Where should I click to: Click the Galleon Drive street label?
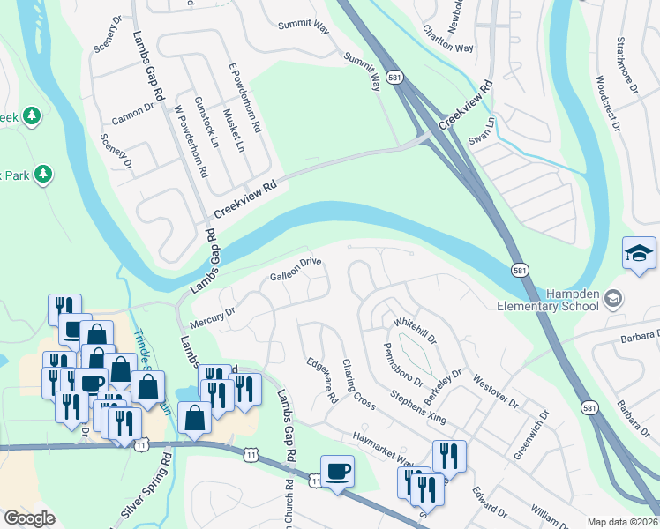pyautogui.click(x=295, y=269)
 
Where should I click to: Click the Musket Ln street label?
pyautogui.click(x=233, y=130)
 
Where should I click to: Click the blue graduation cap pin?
pyautogui.click(x=639, y=255)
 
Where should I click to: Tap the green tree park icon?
pyautogui.click(x=32, y=115)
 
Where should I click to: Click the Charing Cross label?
pyautogui.click(x=359, y=384)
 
